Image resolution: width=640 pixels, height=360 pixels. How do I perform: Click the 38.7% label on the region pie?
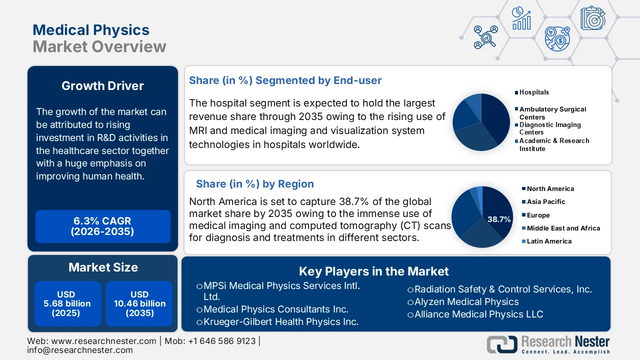[x=499, y=219]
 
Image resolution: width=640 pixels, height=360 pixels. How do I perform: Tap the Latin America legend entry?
[x=549, y=241]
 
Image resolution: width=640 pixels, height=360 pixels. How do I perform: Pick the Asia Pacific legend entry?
[x=546, y=202]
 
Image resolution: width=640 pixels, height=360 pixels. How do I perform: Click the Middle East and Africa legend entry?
[x=563, y=228]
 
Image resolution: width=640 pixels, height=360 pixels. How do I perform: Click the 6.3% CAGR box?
[x=103, y=226]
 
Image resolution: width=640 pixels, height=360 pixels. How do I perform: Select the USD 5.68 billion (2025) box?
[x=67, y=303]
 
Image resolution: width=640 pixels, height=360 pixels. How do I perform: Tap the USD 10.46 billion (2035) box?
[x=139, y=303]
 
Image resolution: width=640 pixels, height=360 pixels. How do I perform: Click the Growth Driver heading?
[x=102, y=86]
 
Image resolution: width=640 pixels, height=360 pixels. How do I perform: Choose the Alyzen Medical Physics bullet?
[x=466, y=302]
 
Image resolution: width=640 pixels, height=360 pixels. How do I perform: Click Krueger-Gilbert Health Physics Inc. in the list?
[x=280, y=322]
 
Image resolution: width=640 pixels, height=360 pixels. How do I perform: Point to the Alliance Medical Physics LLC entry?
[x=478, y=314]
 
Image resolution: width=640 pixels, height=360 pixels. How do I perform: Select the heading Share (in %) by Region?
[x=254, y=184]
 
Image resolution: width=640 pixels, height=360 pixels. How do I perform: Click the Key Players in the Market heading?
[x=373, y=271]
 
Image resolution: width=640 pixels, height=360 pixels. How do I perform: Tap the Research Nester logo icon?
[x=502, y=344]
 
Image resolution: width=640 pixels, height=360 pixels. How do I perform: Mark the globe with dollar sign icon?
[x=557, y=39]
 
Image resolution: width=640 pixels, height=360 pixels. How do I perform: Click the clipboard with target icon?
[x=593, y=18]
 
